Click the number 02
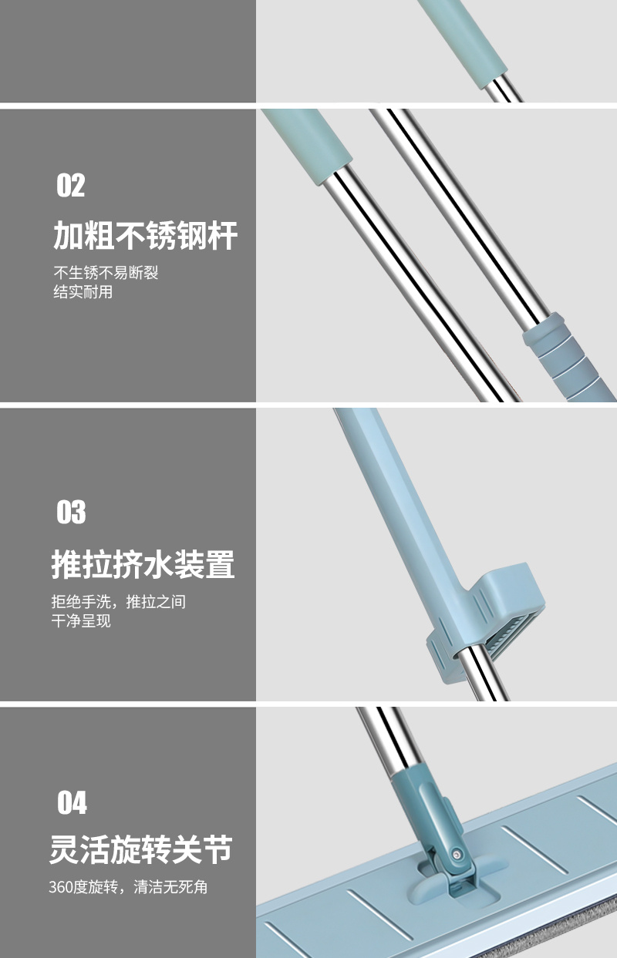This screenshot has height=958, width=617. click(x=71, y=185)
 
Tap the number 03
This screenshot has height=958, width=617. click(x=71, y=512)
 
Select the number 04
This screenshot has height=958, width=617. click(x=72, y=803)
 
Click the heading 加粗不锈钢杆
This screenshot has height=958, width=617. click(x=146, y=235)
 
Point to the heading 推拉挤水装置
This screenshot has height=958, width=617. click(x=143, y=564)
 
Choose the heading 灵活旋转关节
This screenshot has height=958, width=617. click(x=141, y=849)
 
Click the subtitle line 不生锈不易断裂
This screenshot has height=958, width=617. click(x=106, y=272)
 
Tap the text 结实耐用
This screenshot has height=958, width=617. click(x=83, y=291)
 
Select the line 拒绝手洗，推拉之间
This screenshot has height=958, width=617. click(x=119, y=601)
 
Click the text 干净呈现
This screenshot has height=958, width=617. click(x=81, y=620)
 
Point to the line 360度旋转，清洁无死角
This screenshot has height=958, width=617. click(x=128, y=886)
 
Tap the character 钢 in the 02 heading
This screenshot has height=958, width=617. click(x=192, y=235)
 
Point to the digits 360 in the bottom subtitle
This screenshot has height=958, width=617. click(x=60, y=887)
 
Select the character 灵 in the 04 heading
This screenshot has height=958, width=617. click(x=64, y=849)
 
